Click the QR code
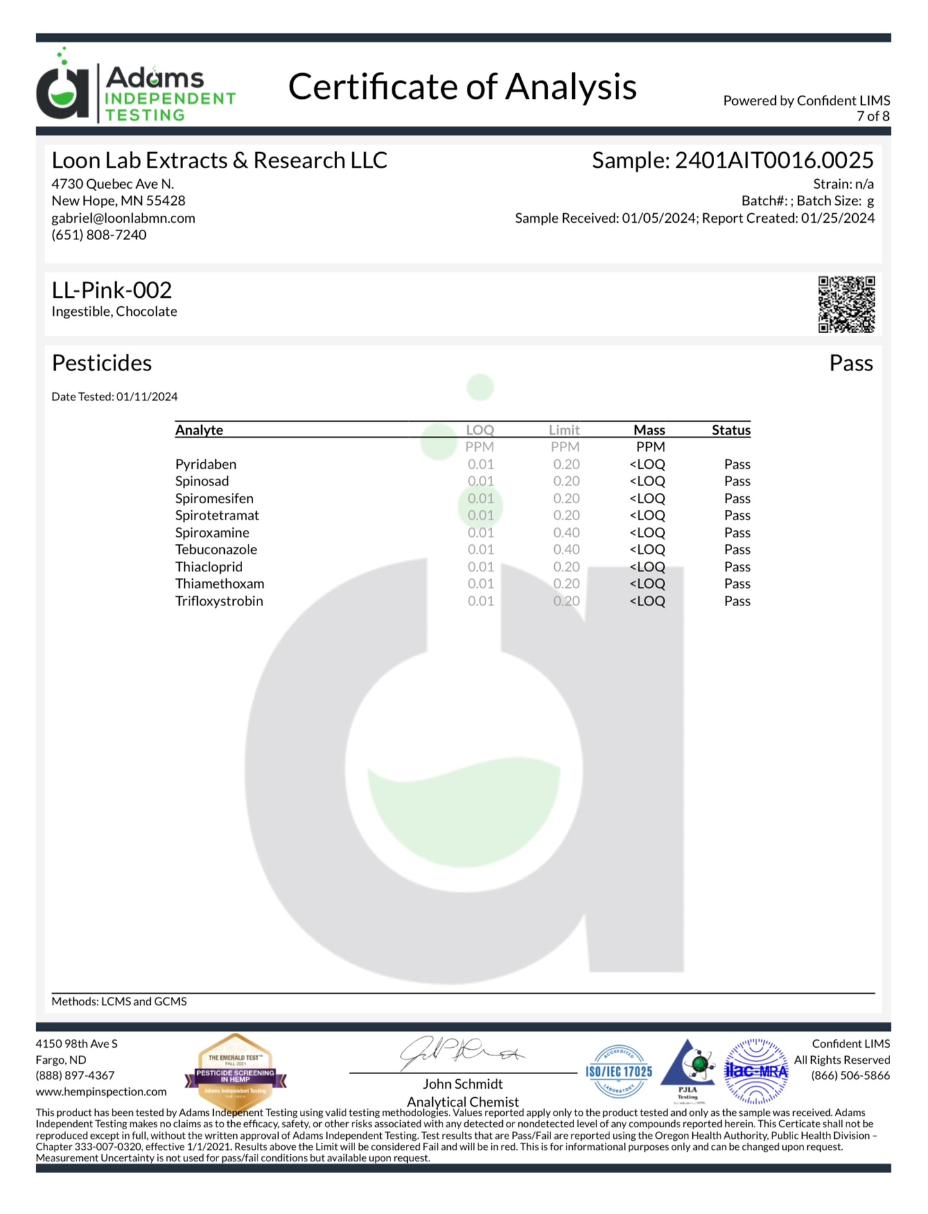(846, 304)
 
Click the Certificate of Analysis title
(462, 87)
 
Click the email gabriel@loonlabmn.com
(123, 218)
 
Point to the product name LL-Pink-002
(112, 290)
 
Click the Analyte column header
(199, 430)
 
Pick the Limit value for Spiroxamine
(566, 533)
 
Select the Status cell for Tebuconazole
(737, 550)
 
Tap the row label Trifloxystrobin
(219, 602)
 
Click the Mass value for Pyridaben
(647, 464)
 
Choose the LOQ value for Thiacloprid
(480, 567)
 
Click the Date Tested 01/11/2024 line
(114, 397)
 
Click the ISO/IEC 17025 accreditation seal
(618, 1071)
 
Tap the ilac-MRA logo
(756, 1071)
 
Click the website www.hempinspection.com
(101, 1091)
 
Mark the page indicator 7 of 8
(873, 116)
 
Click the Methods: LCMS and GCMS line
(119, 1002)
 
